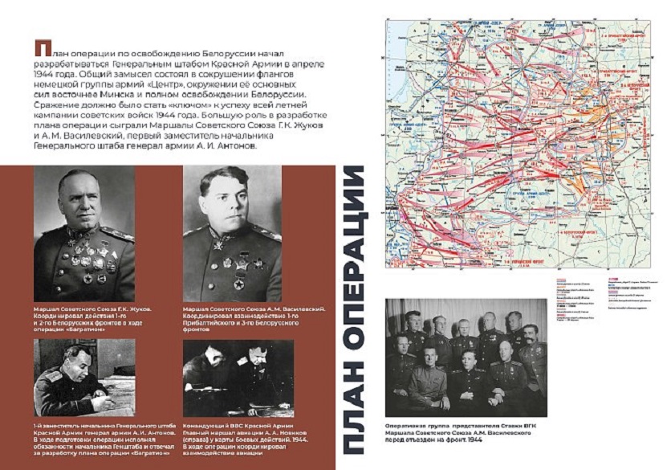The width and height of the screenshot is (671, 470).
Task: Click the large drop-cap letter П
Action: pos(39,48)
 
